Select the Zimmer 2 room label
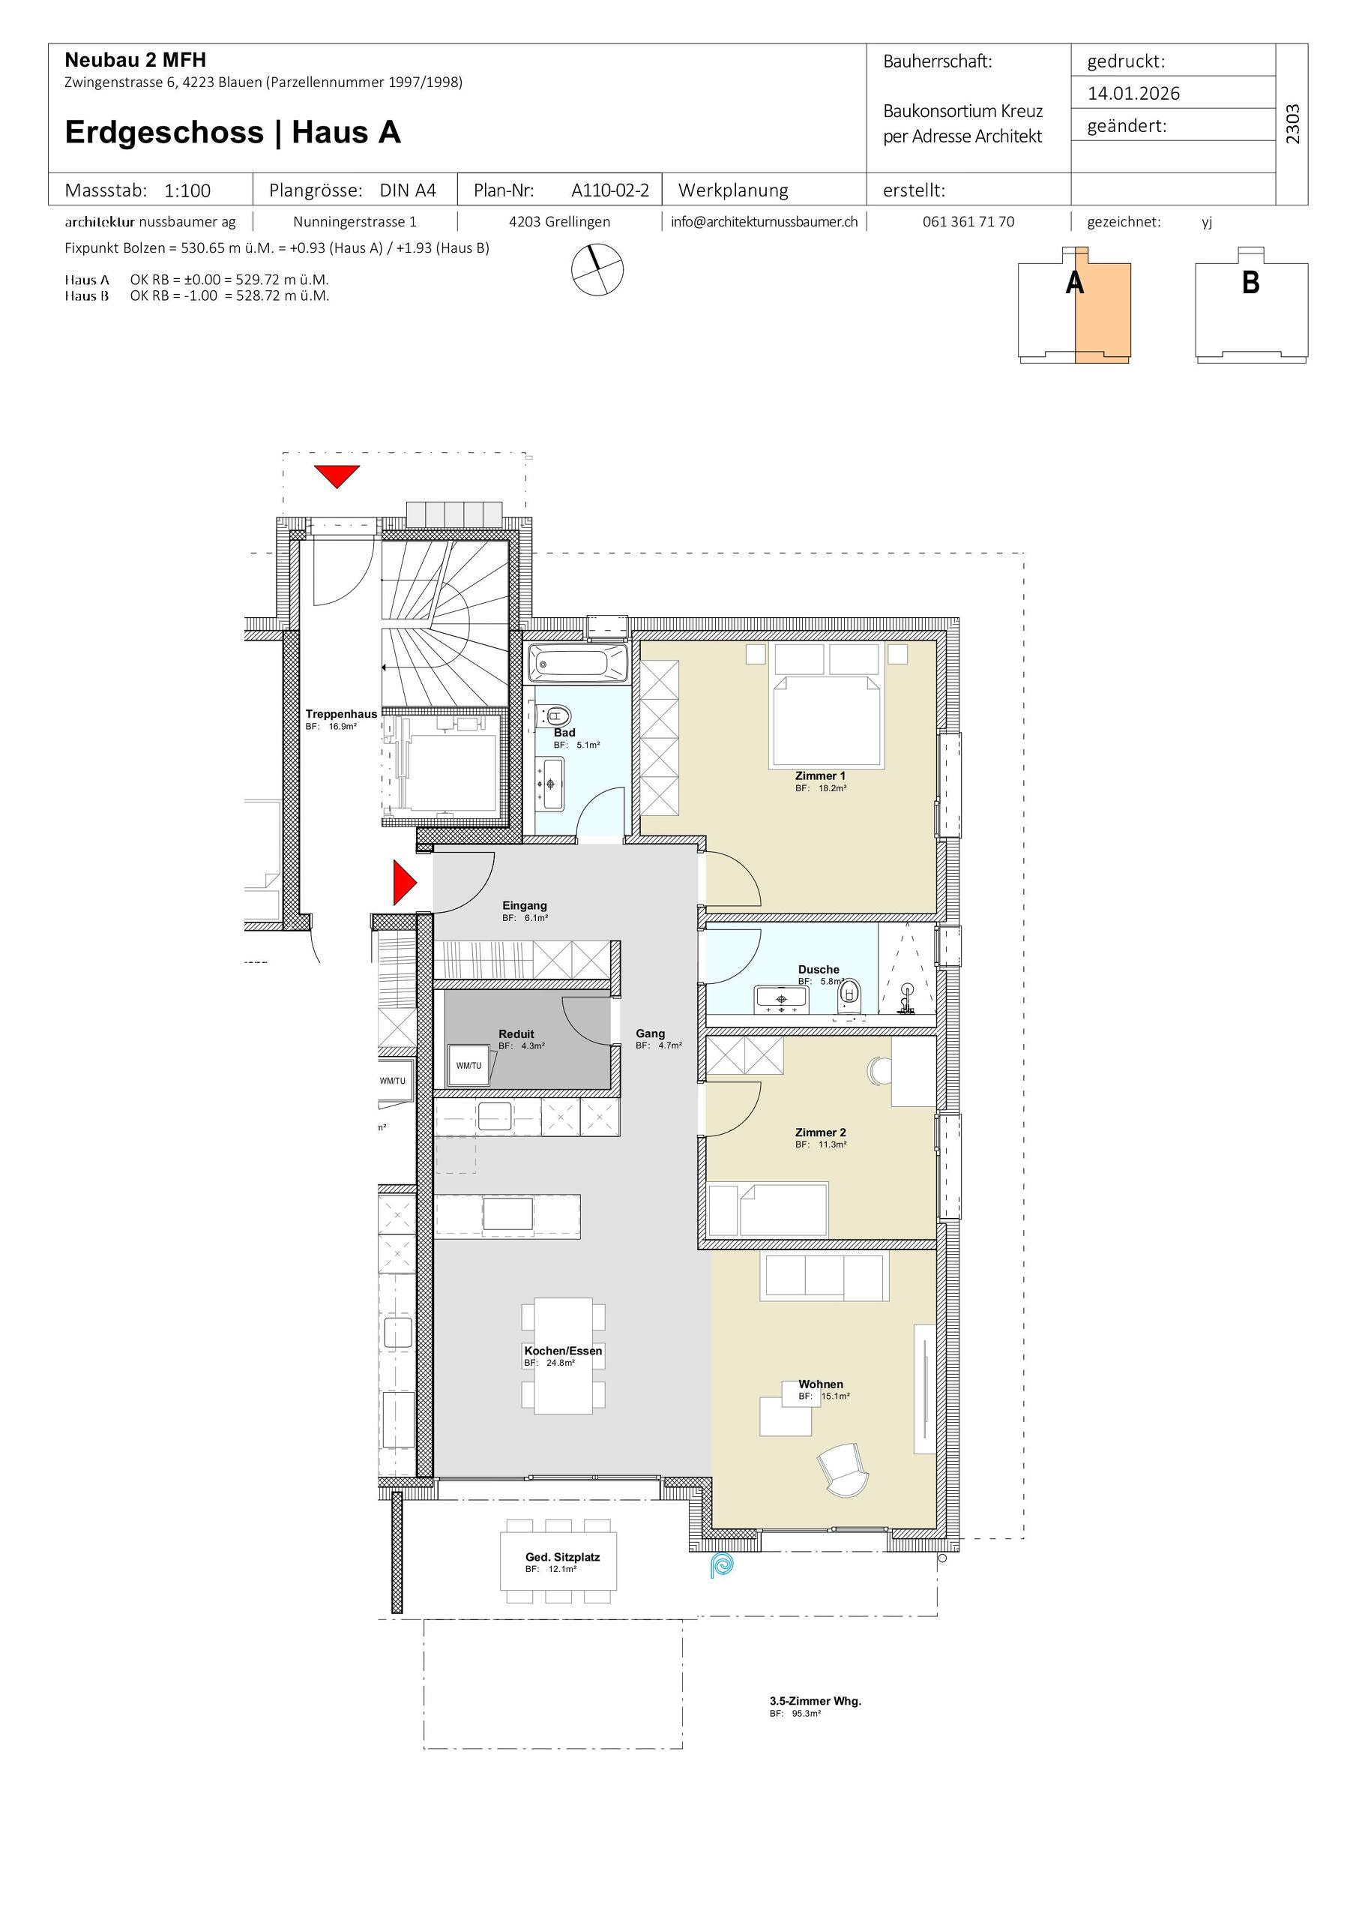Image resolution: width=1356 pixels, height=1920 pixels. click(820, 1132)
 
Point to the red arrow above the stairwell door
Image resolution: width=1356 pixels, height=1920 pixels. click(337, 475)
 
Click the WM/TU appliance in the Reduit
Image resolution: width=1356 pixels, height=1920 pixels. click(470, 1064)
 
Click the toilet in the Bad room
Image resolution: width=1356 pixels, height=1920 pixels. click(556, 715)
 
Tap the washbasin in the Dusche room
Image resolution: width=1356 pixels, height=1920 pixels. click(782, 997)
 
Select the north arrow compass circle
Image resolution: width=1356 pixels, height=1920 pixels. click(597, 269)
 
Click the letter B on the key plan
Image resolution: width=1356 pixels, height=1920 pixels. click(1250, 283)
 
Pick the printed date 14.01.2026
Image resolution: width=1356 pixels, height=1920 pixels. click(1133, 93)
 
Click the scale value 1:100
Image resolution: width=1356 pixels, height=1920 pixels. click(187, 190)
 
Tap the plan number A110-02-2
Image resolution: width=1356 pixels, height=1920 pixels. click(610, 190)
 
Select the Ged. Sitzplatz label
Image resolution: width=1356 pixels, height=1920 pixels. click(563, 1557)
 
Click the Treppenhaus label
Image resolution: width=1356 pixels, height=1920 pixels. click(341, 714)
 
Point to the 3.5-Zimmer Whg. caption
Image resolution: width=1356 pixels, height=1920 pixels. click(815, 1701)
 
